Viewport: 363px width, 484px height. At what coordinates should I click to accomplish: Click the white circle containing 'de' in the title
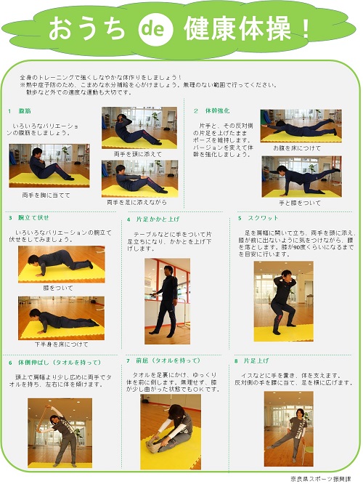pyautogui.click(x=154, y=29)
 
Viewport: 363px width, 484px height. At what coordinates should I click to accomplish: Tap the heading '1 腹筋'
pyautogui.click(x=20, y=111)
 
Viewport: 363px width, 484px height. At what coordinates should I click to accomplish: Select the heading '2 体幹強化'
pyautogui.click(x=212, y=111)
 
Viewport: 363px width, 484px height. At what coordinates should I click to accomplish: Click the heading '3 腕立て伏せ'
pyautogui.click(x=29, y=217)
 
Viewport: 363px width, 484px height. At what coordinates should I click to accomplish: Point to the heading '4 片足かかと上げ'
pyautogui.click(x=153, y=219)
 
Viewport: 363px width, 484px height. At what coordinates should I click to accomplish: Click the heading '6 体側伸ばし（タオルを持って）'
pyautogui.click(x=54, y=362)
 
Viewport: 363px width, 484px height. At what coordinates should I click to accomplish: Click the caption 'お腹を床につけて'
pyautogui.click(x=295, y=148)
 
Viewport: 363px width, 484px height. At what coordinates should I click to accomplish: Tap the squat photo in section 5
pyautogui.click(x=283, y=302)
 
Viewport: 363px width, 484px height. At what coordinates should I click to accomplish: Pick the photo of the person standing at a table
pyautogui.click(x=166, y=302)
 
